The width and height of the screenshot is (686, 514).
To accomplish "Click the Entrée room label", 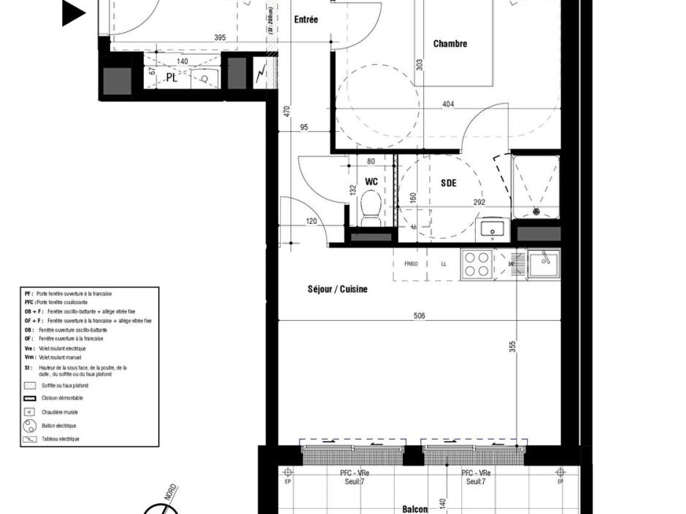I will tap(306, 20).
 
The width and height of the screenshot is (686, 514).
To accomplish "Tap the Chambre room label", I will tap(450, 44).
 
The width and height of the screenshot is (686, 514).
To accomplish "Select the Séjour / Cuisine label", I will tap(337, 289).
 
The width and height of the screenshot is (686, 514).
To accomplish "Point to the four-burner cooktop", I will tap(477, 264).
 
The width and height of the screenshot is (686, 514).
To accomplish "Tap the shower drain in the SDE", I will tap(536, 211).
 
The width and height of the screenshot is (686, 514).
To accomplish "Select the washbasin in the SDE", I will tap(493, 229).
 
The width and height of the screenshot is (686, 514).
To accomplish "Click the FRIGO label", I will tap(411, 264).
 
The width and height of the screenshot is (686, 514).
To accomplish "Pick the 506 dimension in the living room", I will tap(419, 316).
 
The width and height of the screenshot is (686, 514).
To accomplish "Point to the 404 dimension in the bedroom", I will tap(448, 104).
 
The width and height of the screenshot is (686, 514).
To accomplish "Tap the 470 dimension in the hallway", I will tap(287, 112).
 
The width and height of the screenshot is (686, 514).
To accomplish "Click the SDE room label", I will tap(448, 183).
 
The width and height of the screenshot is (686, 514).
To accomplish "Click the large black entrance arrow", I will tap(74, 13).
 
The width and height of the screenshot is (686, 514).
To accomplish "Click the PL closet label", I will tap(171, 77).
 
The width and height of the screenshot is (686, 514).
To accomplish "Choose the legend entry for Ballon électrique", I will tap(58, 426).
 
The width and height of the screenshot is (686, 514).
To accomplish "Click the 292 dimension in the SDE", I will tap(479, 203).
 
